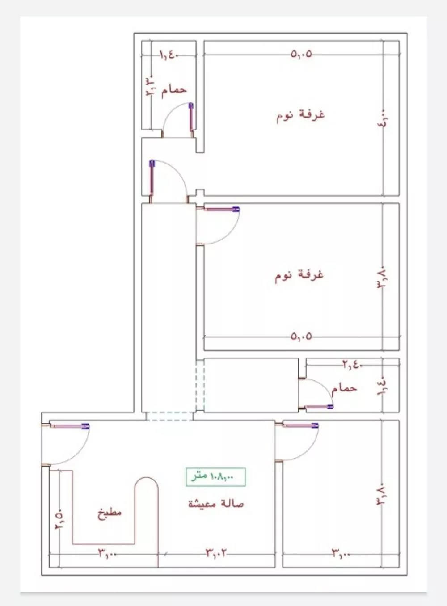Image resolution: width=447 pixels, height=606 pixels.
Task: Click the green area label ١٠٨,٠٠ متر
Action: click(216, 476)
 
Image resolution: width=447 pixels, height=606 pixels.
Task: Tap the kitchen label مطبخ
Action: click(110, 513)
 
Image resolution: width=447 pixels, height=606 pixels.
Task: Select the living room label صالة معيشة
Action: click(216, 504)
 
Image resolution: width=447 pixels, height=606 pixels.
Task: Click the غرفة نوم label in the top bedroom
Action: click(300, 115)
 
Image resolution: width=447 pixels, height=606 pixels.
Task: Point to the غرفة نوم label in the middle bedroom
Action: click(299, 274)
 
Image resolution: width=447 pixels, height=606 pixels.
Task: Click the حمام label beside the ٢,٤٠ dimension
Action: click(344, 387)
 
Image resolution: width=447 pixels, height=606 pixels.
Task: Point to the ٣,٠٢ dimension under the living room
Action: click(216, 553)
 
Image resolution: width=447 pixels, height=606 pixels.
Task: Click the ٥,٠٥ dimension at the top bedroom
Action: click(301, 55)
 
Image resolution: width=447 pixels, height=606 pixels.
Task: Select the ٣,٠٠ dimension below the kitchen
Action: click(108, 554)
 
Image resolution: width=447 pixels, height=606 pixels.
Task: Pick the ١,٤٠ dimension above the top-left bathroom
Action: click(169, 56)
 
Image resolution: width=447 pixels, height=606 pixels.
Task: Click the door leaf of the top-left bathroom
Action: click(191, 118)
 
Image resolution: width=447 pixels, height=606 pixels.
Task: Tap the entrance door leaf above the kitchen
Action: click(69, 426)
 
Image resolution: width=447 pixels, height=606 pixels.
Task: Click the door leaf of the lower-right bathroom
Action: click(319, 407)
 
